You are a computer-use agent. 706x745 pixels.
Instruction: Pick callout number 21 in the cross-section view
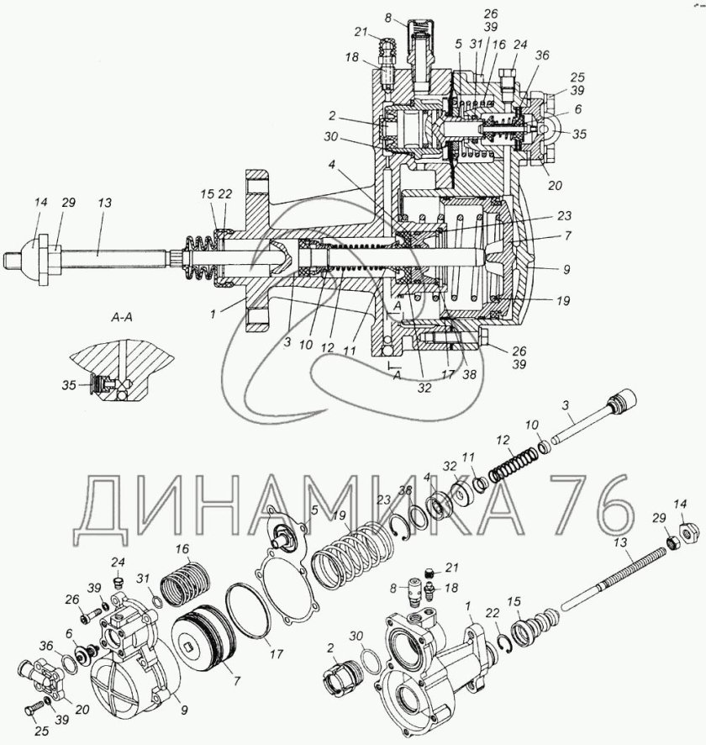point(361,32)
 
